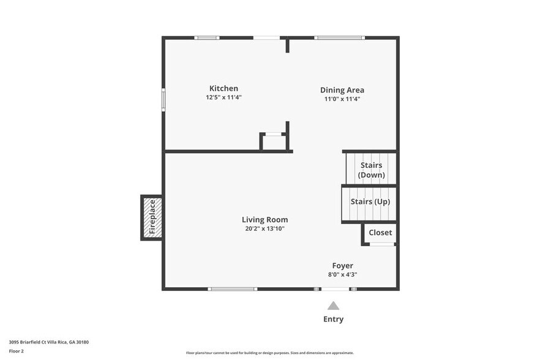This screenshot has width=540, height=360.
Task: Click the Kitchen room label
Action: tap(223, 88)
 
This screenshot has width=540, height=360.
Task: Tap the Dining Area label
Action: tap(342, 90)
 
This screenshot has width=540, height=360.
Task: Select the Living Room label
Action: tap(264, 220)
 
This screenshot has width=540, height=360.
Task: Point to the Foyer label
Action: tap(342, 266)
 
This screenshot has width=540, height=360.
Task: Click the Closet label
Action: tap(380, 233)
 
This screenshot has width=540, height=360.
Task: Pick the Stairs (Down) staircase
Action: tap(371, 170)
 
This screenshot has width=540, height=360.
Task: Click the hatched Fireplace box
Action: tap(152, 217)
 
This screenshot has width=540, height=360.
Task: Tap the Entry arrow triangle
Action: tap(333, 306)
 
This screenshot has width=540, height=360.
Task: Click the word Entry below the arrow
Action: tap(333, 319)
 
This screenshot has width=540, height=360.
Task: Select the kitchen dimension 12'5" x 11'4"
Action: tap(223, 97)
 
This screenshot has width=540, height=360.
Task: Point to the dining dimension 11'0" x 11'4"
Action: tap(342, 99)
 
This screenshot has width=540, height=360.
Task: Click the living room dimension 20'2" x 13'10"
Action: tap(264, 229)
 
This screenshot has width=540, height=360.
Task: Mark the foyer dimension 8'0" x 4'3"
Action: tap(342, 275)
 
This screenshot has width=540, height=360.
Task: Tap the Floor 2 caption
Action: tap(17, 351)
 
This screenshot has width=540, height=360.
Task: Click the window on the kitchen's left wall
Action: tap(163, 100)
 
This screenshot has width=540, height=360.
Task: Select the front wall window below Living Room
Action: tap(232, 288)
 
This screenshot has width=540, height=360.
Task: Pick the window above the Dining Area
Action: tap(339, 38)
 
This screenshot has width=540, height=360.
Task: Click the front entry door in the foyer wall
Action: tap(335, 288)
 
